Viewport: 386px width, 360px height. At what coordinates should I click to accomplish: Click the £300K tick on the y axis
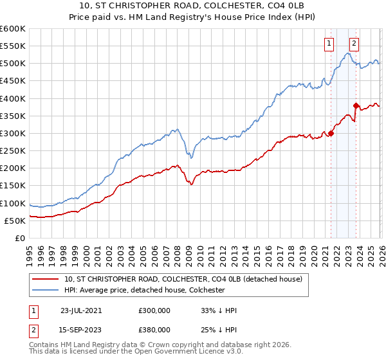pyautogui.click(x=13, y=134)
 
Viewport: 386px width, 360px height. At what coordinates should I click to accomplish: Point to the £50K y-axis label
pyautogui.click(x=15, y=221)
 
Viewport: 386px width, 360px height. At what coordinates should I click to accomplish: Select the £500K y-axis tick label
pyautogui.click(x=13, y=64)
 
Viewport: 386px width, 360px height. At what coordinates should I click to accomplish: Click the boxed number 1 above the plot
pyautogui.click(x=329, y=44)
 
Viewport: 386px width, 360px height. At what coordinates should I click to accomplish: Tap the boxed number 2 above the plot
pyautogui.click(x=354, y=44)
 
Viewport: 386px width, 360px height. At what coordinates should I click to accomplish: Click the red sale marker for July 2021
pyautogui.click(x=331, y=133)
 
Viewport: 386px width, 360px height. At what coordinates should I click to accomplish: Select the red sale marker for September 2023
pyautogui.click(x=356, y=105)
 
